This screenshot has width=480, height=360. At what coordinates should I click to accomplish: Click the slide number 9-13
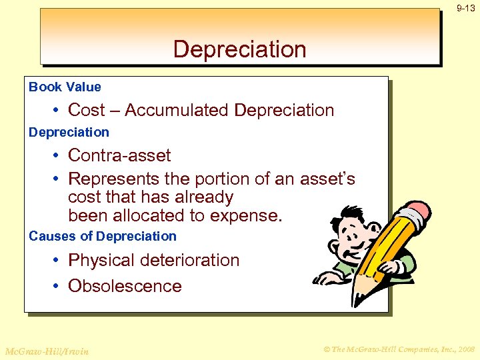(465, 8)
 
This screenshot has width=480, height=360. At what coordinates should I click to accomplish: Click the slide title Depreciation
(239, 49)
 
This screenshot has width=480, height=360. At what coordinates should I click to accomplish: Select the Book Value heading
(65, 87)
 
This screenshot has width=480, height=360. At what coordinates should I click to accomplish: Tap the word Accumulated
(178, 110)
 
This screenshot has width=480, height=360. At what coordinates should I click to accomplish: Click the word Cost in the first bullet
(87, 110)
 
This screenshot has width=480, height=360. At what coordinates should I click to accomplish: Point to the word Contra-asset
(119, 155)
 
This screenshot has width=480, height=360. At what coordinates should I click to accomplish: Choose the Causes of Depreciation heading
(103, 236)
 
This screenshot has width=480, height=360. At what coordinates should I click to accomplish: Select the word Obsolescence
(125, 286)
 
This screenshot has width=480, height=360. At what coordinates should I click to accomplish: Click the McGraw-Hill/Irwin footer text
(47, 351)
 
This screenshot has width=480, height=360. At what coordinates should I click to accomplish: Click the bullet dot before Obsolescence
(59, 286)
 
